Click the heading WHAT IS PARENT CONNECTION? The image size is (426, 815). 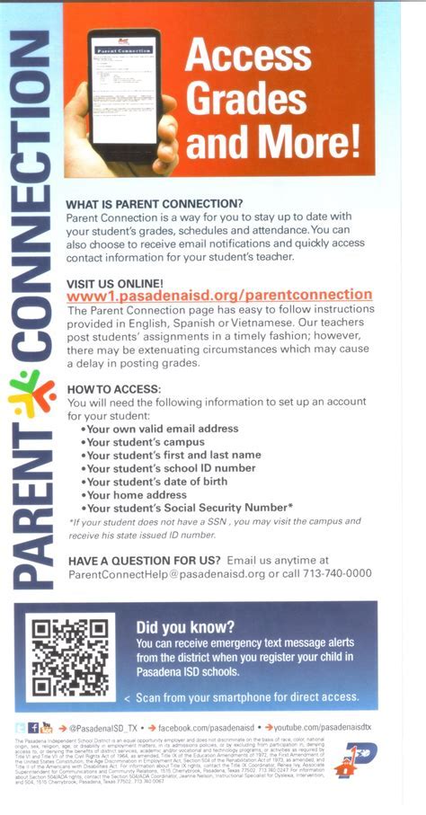click(x=155, y=204)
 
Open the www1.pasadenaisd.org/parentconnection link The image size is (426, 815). click(x=220, y=295)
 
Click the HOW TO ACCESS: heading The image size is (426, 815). click(x=114, y=389)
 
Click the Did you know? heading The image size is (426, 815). click(x=184, y=627)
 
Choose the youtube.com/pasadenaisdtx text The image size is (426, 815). click(x=315, y=726)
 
